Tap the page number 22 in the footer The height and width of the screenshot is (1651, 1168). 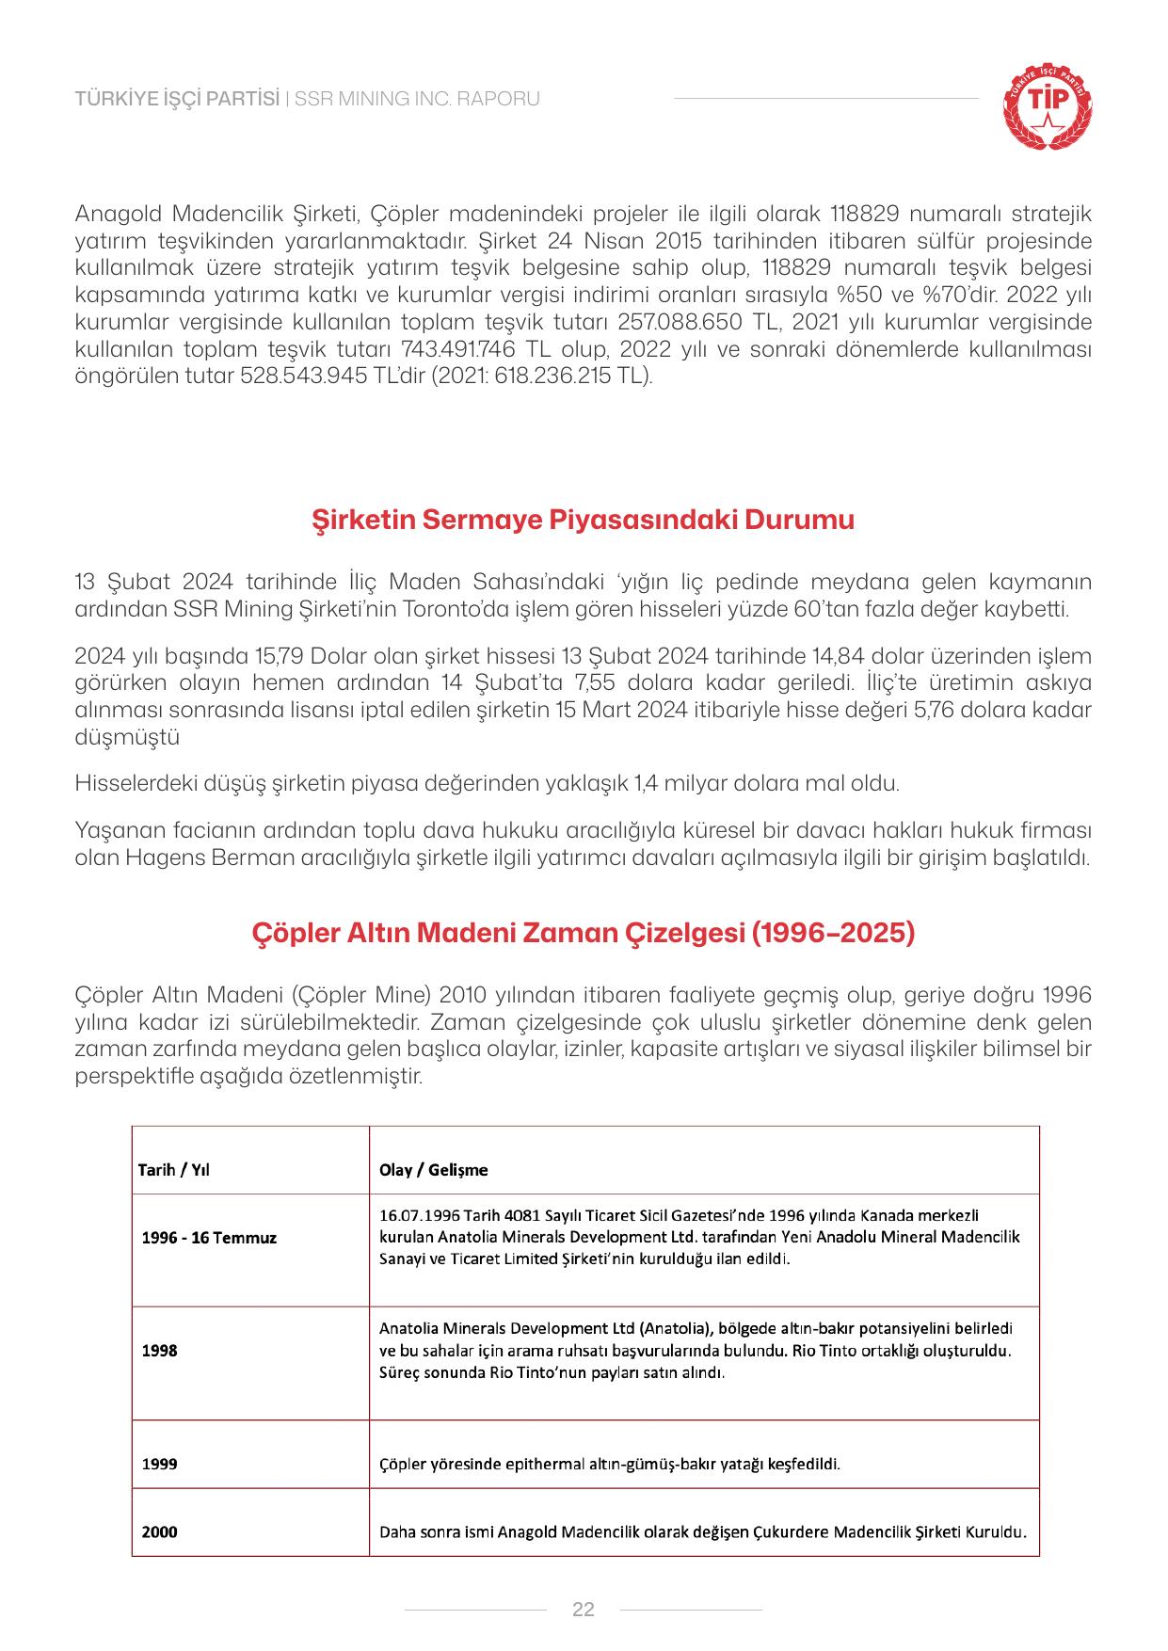(584, 1609)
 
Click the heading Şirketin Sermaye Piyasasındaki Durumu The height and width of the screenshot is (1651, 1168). (584, 520)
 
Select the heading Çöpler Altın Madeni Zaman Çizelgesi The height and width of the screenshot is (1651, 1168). (584, 933)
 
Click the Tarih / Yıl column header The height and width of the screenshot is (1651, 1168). (174, 1170)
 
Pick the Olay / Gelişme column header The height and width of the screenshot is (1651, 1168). (433, 1170)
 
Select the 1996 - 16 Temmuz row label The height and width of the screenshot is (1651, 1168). (209, 1238)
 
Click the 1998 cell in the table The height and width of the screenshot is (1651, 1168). (159, 1351)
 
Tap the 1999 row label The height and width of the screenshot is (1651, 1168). (159, 1464)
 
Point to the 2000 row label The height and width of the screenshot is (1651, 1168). (159, 1531)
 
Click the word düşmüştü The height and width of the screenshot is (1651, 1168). (127, 737)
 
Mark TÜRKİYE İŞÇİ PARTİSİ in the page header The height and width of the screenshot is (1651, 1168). (178, 99)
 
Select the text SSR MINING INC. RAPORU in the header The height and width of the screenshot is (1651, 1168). (417, 99)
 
